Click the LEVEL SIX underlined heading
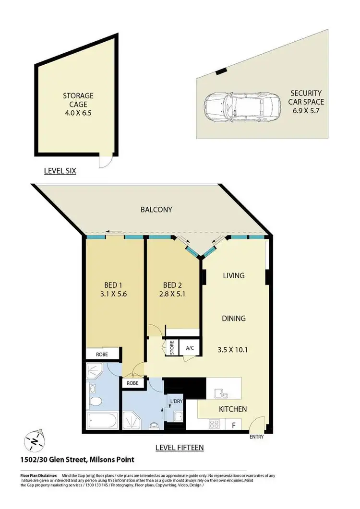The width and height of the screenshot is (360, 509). click(x=60, y=171)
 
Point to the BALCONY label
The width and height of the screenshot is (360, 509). click(x=156, y=210)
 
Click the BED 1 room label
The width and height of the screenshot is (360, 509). click(x=114, y=283)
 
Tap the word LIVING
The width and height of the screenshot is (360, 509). click(x=234, y=276)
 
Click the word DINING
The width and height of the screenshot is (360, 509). click(x=234, y=318)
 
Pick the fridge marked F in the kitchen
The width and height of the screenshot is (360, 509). click(x=234, y=425)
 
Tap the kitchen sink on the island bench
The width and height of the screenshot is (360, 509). click(x=221, y=393)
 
